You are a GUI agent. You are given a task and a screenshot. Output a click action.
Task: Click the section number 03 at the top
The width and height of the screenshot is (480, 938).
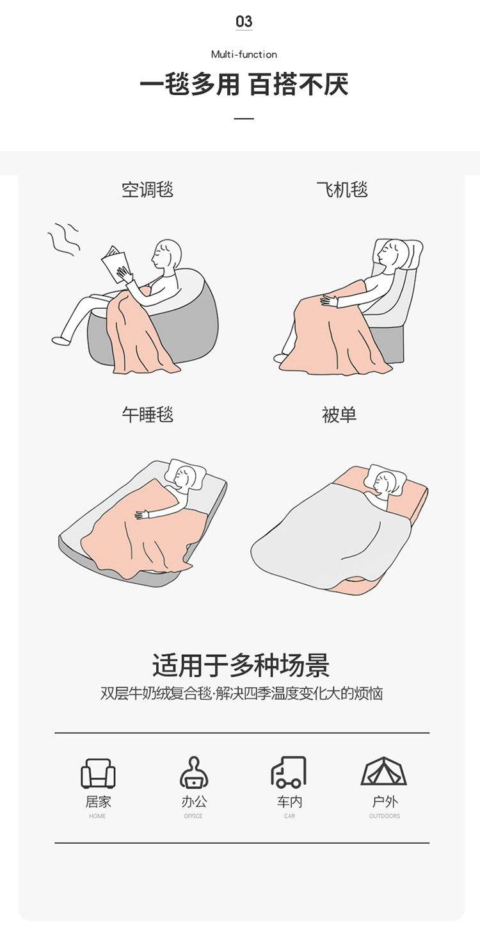244,21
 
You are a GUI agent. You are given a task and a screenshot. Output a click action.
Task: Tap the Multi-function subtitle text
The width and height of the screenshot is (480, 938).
244,54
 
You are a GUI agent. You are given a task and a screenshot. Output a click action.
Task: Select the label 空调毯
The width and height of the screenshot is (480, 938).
148,190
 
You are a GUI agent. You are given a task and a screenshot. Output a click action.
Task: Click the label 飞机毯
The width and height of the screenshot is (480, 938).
342,189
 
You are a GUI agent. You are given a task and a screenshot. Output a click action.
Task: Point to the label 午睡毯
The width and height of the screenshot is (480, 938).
148,415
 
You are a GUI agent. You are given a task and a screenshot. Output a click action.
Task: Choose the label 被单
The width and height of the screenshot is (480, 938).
339,415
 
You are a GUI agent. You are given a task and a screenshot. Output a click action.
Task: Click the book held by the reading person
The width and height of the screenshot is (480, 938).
114,264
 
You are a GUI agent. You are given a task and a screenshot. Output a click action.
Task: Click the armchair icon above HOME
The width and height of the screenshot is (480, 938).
98,773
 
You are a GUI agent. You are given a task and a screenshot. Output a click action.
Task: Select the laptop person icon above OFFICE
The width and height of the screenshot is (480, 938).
194,773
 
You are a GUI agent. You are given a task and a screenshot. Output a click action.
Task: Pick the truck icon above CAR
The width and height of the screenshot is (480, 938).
289,772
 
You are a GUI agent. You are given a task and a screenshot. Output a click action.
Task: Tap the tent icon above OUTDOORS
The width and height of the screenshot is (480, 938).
384,771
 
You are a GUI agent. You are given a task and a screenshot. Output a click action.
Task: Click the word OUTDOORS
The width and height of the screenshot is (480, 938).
385,816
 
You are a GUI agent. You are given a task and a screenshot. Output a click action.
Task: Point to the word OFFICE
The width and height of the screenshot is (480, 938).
193,816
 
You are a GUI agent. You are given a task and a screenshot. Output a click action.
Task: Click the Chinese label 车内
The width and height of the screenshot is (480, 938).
289,802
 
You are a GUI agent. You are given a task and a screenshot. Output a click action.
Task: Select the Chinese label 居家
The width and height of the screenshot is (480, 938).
99,802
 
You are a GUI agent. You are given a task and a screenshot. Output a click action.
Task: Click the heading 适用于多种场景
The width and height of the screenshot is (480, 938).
241,665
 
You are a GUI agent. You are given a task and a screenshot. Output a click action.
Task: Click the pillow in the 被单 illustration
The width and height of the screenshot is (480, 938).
385,478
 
